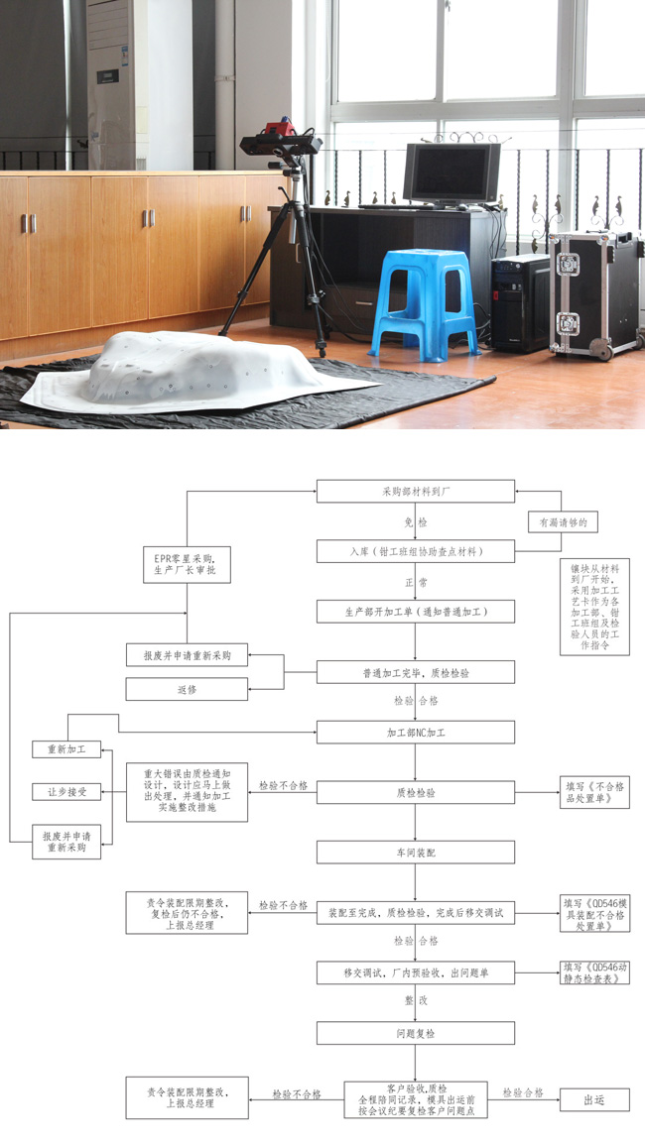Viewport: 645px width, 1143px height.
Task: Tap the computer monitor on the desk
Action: click(x=451, y=174)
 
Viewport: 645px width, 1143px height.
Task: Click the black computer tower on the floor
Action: click(x=519, y=302)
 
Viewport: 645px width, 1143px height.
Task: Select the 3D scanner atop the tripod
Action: click(x=281, y=142)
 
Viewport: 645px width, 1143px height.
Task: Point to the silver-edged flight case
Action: click(x=593, y=292)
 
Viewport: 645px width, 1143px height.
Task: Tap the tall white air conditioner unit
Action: click(x=112, y=84)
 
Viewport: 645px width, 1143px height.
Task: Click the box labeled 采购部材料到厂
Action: click(x=416, y=491)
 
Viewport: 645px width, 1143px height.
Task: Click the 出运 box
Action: click(x=593, y=1098)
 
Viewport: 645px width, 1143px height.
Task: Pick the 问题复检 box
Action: click(x=416, y=1033)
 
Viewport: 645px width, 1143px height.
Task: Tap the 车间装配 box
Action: click(x=416, y=852)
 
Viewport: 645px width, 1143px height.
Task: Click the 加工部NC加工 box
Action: click(x=416, y=732)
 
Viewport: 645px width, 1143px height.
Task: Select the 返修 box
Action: click(x=187, y=688)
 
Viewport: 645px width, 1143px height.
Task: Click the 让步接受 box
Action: click(x=66, y=791)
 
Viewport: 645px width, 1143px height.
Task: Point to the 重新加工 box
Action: click(x=66, y=749)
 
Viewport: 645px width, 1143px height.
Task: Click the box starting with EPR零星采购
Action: click(x=187, y=563)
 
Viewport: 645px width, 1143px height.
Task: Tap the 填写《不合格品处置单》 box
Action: click(x=594, y=792)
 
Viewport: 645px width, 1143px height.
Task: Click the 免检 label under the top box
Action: click(x=416, y=521)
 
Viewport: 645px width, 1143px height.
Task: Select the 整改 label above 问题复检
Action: click(x=416, y=1001)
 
